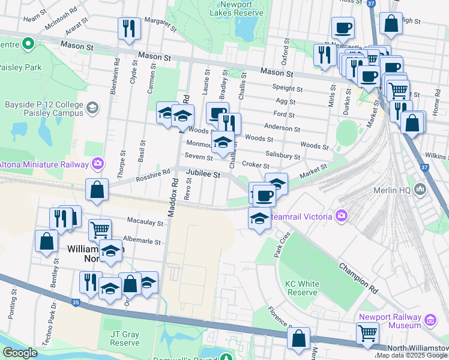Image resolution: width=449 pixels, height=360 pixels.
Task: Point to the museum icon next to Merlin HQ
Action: coord(420,190)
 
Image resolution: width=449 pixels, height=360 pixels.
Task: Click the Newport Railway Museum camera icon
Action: coord(429,320)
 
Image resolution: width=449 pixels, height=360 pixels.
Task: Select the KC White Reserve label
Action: coord(301,287)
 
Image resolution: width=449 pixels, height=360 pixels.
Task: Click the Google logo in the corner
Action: coord(20,353)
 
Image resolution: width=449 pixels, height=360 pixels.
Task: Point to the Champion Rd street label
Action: coord(358,277)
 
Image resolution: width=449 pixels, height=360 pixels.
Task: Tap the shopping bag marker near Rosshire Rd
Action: coord(97,190)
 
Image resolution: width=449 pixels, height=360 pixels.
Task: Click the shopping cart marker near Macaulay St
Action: coord(100,230)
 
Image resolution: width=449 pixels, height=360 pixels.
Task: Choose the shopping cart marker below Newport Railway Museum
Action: coord(367,333)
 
